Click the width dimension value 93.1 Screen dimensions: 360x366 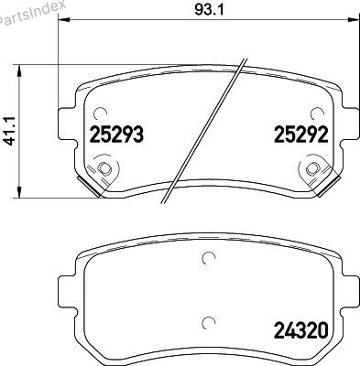[x=209, y=10]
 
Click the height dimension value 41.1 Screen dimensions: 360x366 [x=10, y=131]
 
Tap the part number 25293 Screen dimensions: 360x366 [x=116, y=135]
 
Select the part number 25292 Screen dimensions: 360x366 [x=301, y=135]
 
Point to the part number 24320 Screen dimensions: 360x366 [x=301, y=330]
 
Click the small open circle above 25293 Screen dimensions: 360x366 [x=101, y=114]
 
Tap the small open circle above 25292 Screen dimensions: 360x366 [x=317, y=114]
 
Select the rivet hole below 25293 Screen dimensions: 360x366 [x=104, y=168]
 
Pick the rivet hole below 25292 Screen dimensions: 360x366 [x=312, y=168]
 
